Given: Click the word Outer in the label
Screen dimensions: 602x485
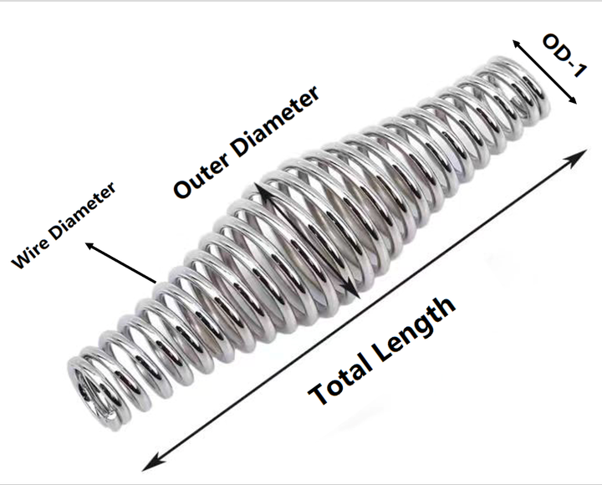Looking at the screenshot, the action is coord(202,175).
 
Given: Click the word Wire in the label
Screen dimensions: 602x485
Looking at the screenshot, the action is coord(30,254).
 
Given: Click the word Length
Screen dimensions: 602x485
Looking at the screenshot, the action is coord(414,329).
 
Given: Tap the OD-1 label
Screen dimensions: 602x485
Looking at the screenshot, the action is coord(564,55).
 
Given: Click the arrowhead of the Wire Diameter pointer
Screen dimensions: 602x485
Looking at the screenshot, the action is coord(91,246).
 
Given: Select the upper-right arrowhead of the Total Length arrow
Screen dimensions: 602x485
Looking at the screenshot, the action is coord(578,157).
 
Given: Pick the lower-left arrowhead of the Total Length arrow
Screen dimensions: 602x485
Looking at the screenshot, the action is coord(151,462).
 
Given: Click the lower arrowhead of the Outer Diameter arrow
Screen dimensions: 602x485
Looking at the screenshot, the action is coord(353,291).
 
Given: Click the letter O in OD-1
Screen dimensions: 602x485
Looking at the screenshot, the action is coord(553,43).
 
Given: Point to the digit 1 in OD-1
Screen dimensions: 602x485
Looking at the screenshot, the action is coord(579,70).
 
